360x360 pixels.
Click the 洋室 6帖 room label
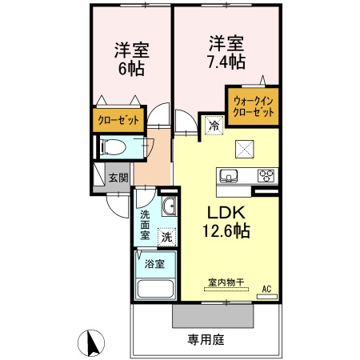click(129, 58)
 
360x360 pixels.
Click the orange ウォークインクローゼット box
click(254, 107)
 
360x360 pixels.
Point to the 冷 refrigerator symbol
click(213, 125)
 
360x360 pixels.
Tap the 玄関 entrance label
click(118, 178)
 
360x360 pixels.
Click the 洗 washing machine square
click(166, 236)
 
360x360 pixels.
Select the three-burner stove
click(265, 175)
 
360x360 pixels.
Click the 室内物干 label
click(226, 282)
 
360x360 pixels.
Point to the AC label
click(267, 288)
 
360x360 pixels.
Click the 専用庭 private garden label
click(206, 339)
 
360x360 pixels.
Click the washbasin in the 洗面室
click(168, 209)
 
